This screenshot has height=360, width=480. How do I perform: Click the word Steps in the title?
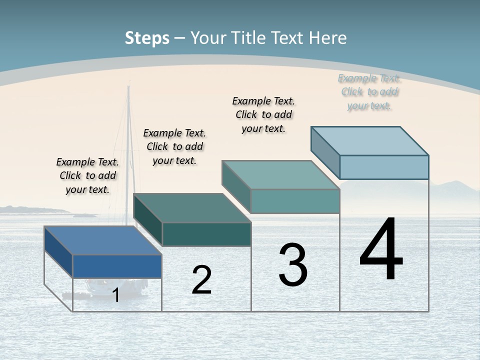(x=147, y=38)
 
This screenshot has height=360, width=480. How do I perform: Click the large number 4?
(x=381, y=249)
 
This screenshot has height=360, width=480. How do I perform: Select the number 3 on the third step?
(x=293, y=265)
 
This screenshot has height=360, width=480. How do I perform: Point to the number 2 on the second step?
(x=201, y=280)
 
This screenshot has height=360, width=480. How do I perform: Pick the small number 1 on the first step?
(x=116, y=295)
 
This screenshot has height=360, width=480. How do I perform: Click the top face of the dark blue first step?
(x=102, y=240)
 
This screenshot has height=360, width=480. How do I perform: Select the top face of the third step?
(x=280, y=175)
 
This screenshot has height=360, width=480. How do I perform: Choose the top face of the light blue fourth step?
(x=369, y=141)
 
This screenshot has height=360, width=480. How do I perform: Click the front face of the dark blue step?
(x=117, y=266)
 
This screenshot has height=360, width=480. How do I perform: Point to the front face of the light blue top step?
(x=384, y=167)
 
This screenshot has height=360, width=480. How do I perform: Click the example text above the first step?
(x=87, y=175)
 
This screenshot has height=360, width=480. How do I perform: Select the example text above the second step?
(x=174, y=146)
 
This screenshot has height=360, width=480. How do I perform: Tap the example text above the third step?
(x=263, y=114)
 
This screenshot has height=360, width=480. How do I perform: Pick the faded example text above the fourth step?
(x=369, y=92)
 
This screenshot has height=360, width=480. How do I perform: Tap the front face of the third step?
(x=295, y=201)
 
